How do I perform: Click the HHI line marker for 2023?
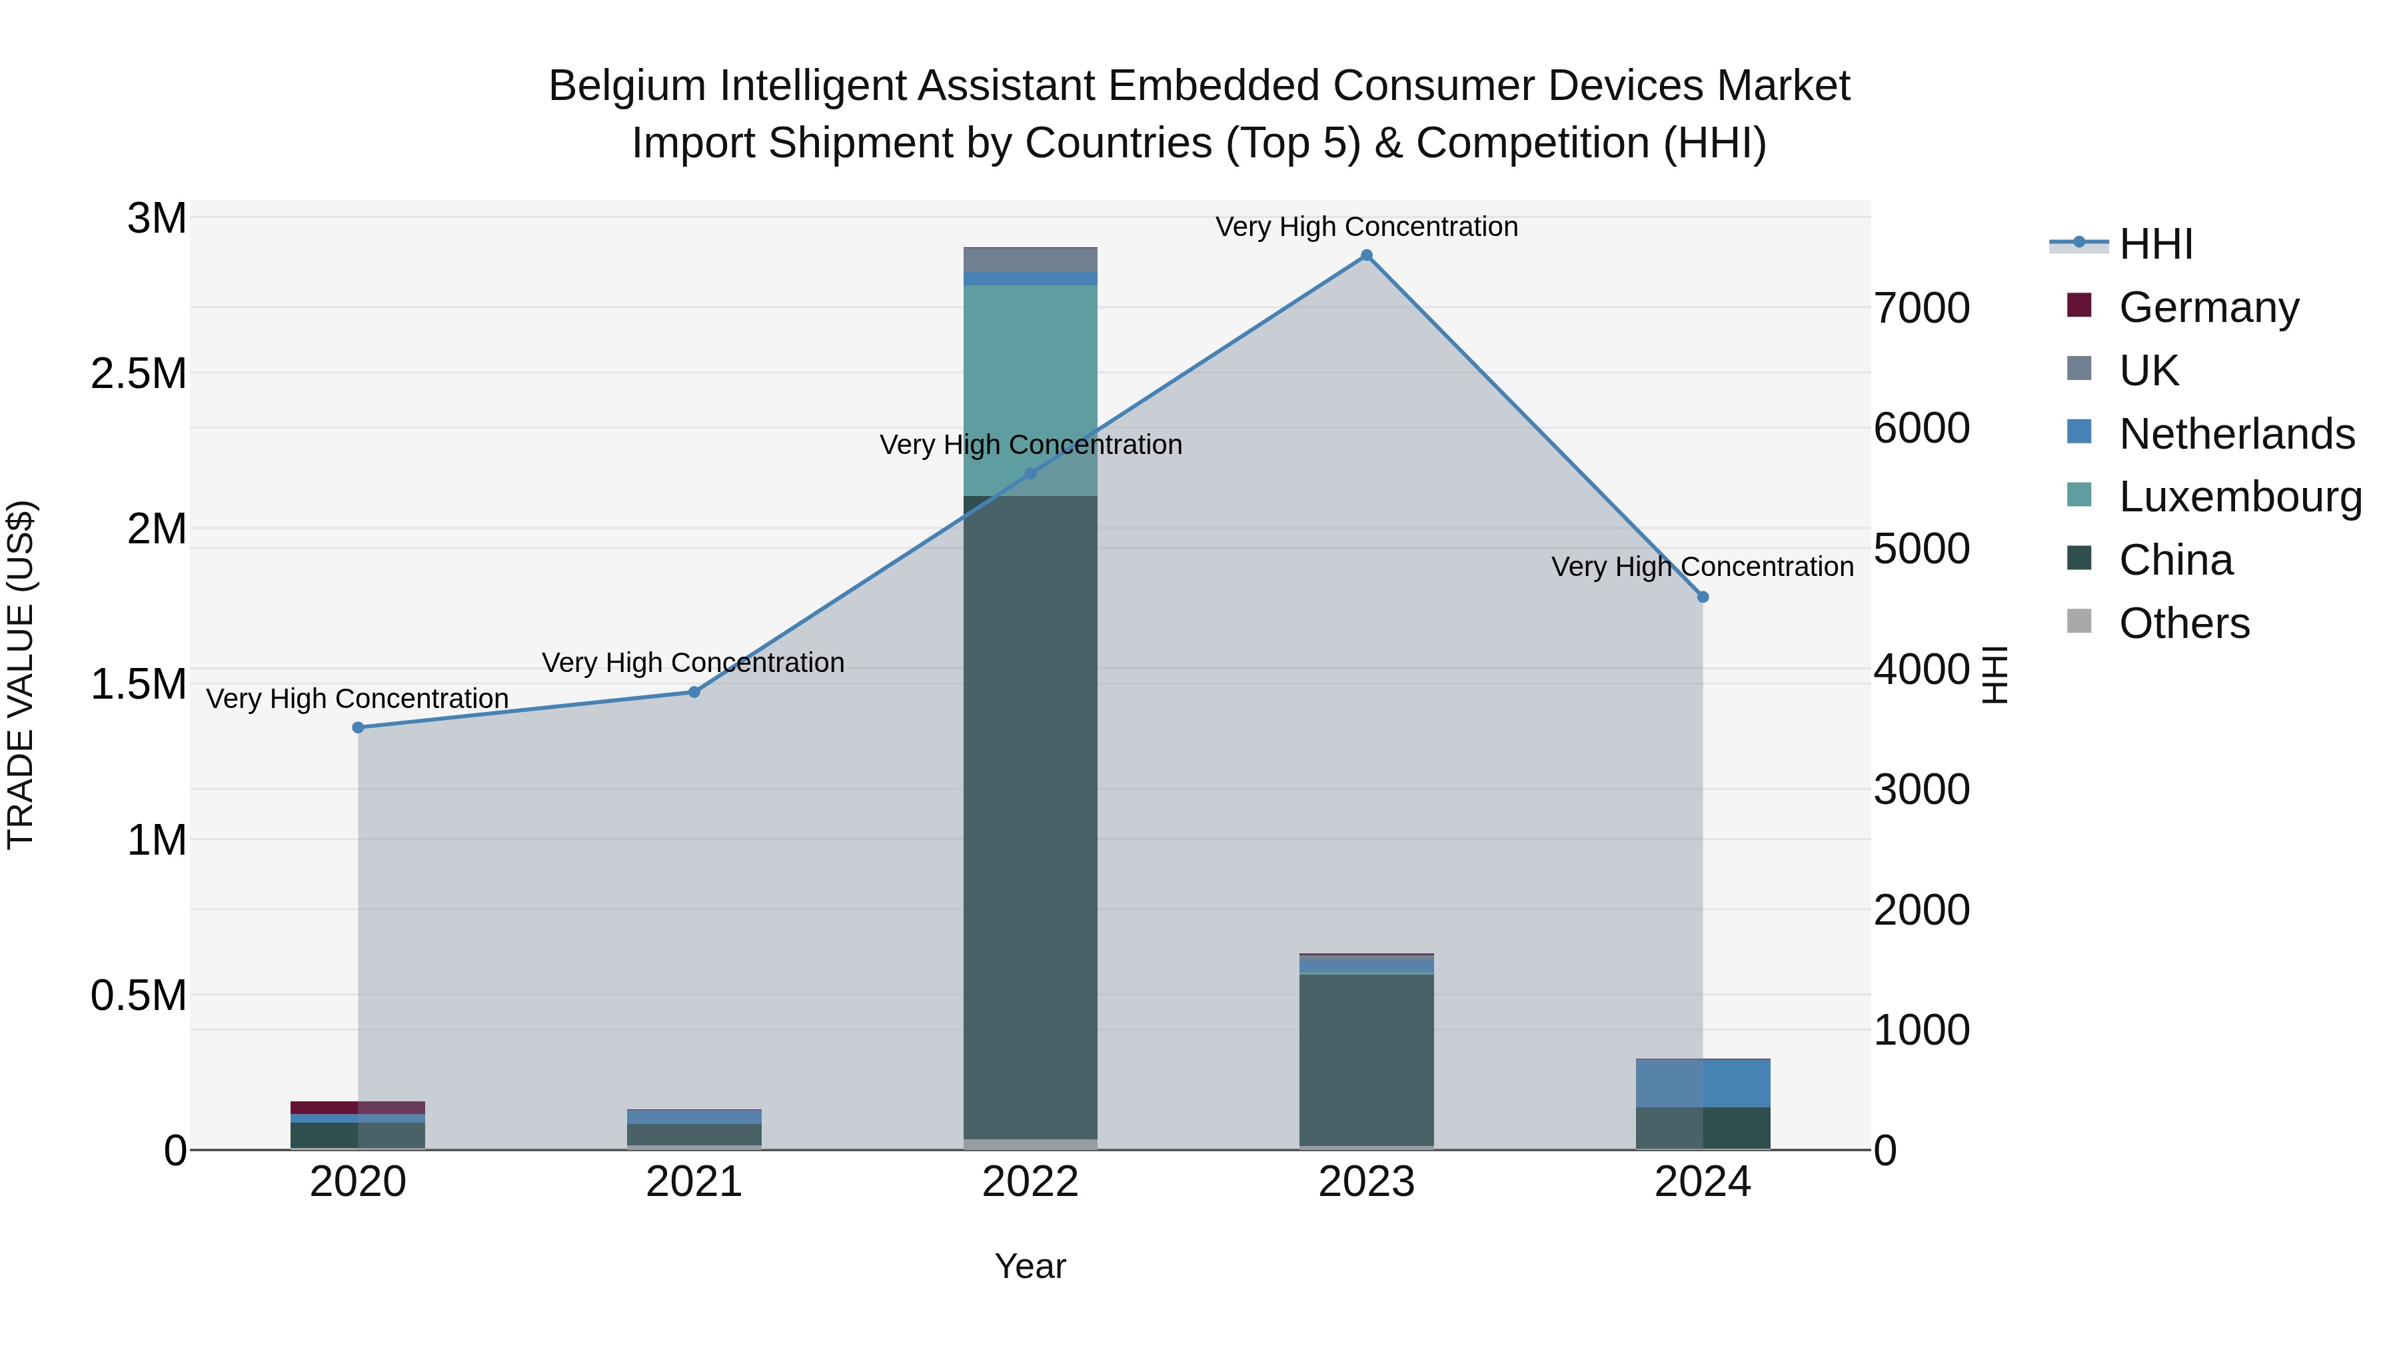[x=1366, y=255]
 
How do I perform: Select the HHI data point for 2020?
[x=358, y=727]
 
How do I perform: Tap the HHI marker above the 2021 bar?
[x=694, y=692]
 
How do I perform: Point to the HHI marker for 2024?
[x=1703, y=597]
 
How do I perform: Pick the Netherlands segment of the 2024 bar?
[x=1703, y=1083]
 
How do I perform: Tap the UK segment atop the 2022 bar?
[x=1030, y=259]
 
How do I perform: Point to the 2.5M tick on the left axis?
[x=139, y=373]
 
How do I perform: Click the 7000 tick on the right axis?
[x=1921, y=309]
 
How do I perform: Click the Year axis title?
[x=1030, y=1266]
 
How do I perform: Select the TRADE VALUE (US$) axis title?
[x=21, y=675]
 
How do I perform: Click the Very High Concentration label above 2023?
[x=1366, y=227]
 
